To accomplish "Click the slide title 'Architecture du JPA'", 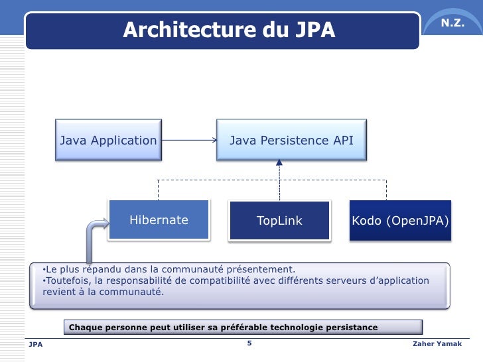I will (x=229, y=30).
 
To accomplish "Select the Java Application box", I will (x=109, y=141).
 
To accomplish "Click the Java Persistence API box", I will (x=291, y=141).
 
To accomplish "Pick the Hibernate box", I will (x=159, y=220).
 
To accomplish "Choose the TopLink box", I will (x=279, y=221).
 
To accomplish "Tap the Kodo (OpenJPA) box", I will (x=401, y=220).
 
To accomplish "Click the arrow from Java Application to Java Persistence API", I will (x=189, y=141).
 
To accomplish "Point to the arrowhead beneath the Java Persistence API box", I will (x=279, y=162).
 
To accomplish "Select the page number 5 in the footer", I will (x=249, y=343).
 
